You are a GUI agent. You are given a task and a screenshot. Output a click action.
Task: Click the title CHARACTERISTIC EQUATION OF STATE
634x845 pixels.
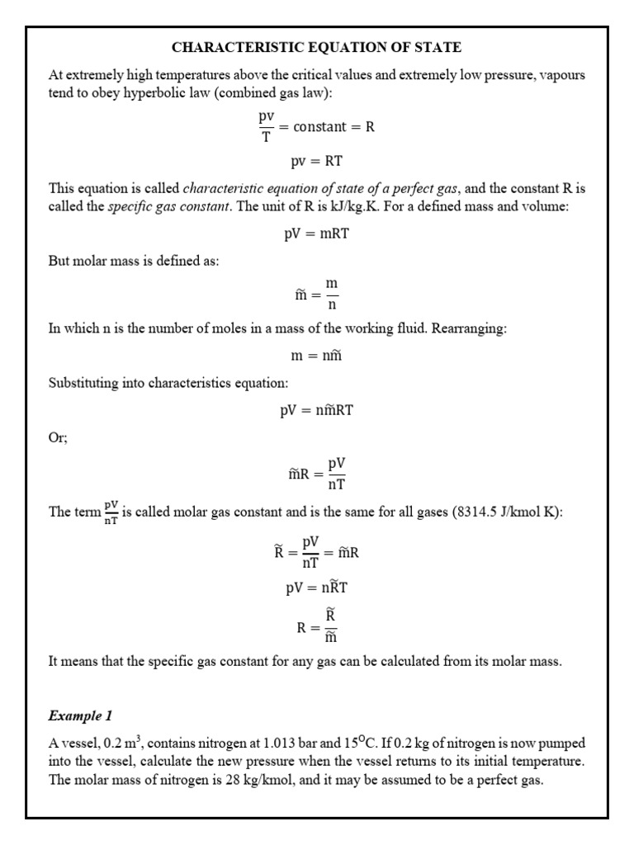[x=316, y=48]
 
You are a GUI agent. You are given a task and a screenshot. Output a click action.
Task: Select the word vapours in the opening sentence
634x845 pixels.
[x=561, y=76]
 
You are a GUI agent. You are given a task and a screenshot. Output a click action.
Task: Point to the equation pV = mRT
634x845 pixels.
[x=316, y=234]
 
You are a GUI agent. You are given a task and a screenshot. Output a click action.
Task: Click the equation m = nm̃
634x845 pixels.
[x=316, y=354]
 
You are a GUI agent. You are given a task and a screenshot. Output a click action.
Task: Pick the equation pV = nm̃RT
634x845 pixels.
[x=316, y=410]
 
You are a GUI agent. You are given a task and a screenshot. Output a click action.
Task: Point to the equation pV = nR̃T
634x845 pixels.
[x=316, y=588]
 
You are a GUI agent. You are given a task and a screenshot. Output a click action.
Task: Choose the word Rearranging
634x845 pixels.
[x=471, y=328]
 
